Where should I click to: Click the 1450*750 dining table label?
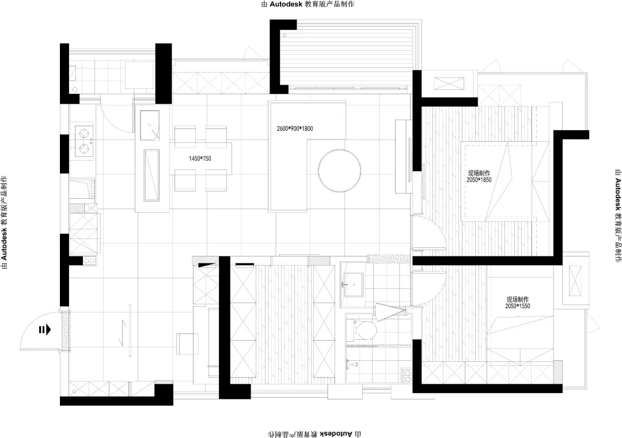pyautogui.click(x=200, y=158)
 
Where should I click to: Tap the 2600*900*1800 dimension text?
pyautogui.click(x=295, y=129)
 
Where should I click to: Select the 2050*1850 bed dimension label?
pyautogui.click(x=479, y=180)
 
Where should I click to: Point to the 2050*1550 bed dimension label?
pyautogui.click(x=518, y=306)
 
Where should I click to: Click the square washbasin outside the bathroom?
pyautogui.click(x=351, y=284)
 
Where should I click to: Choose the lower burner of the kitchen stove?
pyautogui.click(x=84, y=149)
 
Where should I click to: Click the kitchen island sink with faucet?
pyautogui.click(x=150, y=125)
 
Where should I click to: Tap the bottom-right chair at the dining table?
pyautogui.click(x=216, y=180)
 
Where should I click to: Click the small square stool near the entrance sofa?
pyautogui.click(x=188, y=344)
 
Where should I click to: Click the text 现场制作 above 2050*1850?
pyautogui.click(x=479, y=173)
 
